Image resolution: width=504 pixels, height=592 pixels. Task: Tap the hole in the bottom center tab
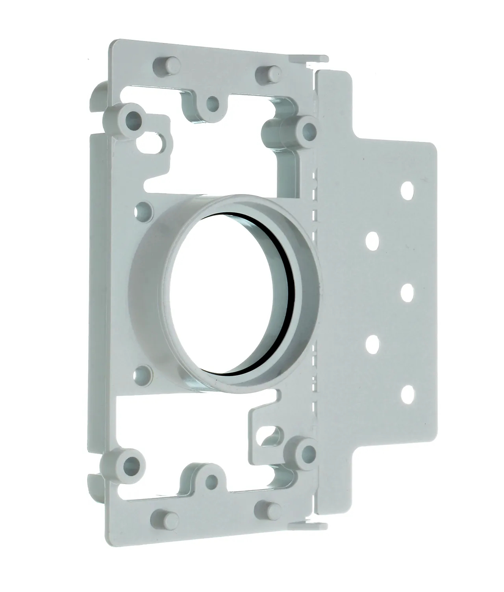pos(212,479)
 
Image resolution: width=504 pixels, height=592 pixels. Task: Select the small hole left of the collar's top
pos(145,208)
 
